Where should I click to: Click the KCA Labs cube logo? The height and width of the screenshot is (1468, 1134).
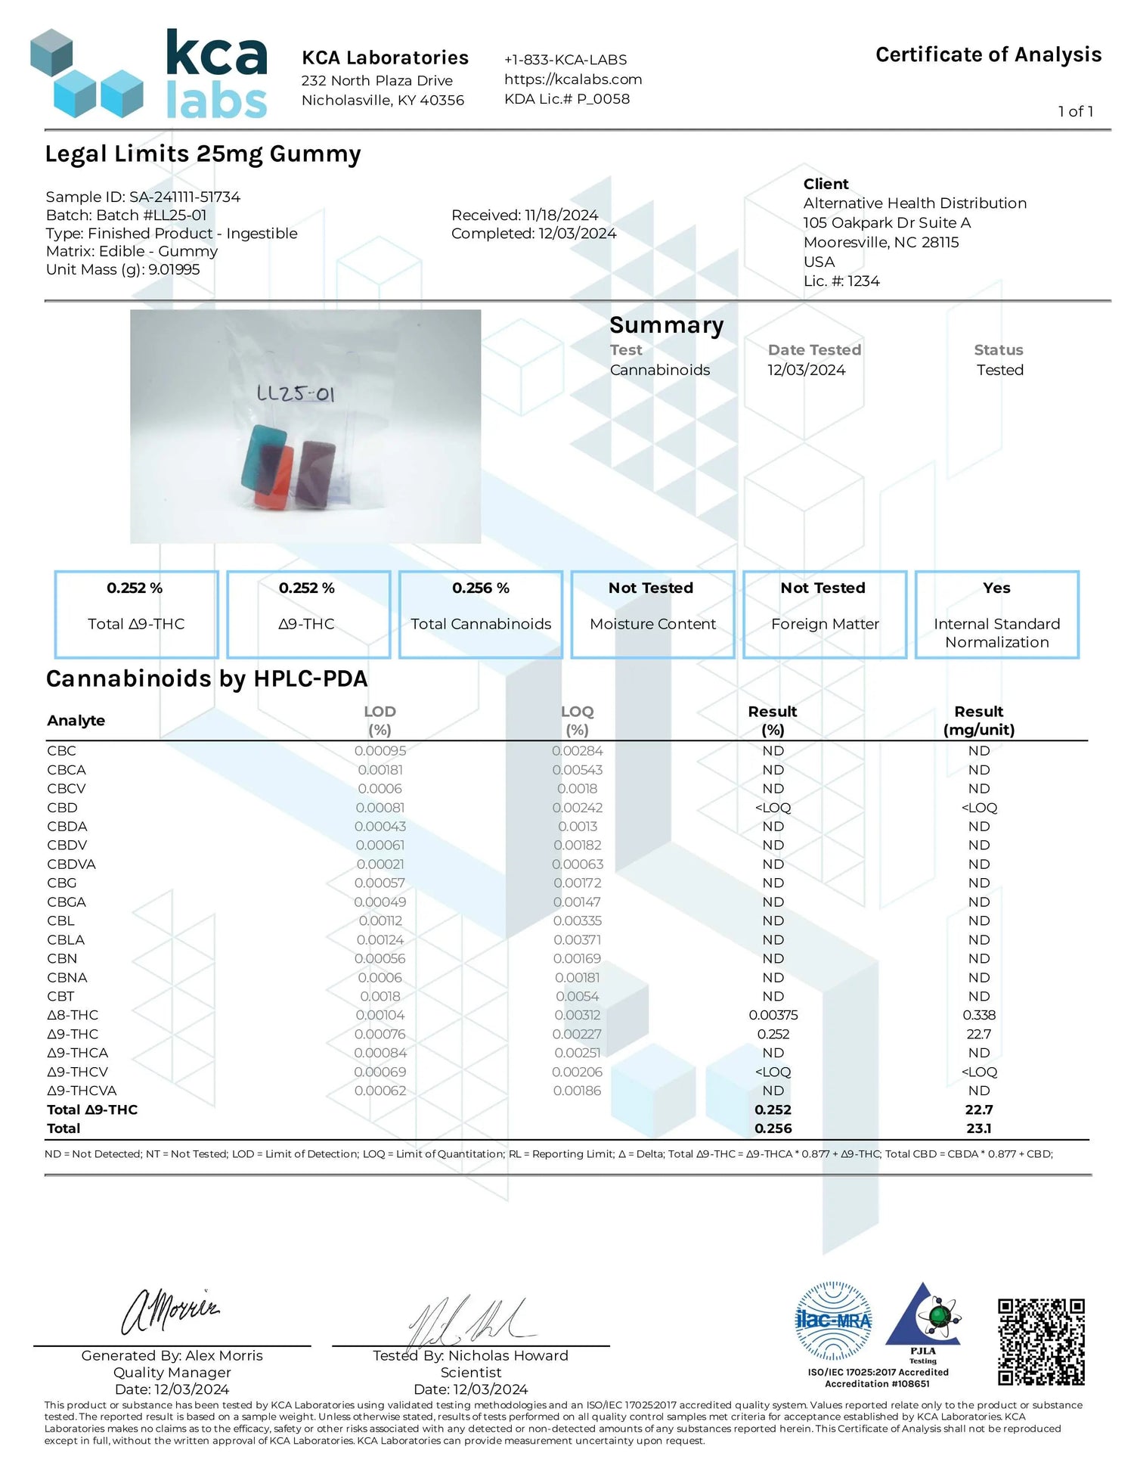[86, 74]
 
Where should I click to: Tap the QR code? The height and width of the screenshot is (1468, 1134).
[1041, 1341]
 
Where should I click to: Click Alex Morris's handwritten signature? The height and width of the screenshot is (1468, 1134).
[171, 1312]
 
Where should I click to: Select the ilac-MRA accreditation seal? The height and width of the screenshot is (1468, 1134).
[833, 1321]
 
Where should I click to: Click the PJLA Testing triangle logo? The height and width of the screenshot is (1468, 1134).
[924, 1320]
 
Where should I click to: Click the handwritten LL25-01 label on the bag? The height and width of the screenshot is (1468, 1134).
[296, 393]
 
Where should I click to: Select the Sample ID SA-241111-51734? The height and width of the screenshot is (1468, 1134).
[184, 197]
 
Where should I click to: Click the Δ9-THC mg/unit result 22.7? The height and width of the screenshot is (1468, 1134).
[978, 1034]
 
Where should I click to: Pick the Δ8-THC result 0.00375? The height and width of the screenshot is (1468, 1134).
[773, 1015]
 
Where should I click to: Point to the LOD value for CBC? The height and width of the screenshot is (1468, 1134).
[380, 751]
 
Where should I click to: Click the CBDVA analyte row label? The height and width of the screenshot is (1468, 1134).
[71, 864]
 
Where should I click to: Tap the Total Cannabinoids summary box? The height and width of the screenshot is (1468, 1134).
[481, 614]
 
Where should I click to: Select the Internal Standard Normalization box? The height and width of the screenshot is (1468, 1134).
[996, 614]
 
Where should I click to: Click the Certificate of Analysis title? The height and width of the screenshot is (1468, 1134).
[988, 55]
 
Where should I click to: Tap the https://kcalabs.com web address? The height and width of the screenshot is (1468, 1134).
[573, 79]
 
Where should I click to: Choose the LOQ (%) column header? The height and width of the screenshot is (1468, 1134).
[577, 720]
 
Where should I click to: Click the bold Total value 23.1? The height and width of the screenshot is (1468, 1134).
[978, 1128]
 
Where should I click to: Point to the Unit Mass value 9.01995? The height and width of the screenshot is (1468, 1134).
[174, 270]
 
